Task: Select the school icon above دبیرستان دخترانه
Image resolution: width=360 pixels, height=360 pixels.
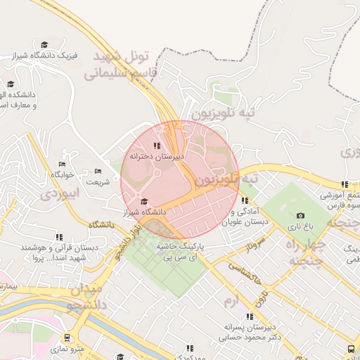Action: pyautogui.click(x=156, y=145)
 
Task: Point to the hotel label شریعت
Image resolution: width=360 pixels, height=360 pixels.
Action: pyautogui.click(x=98, y=181)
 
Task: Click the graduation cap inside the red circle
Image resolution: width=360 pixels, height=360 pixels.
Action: pyautogui.click(x=144, y=201)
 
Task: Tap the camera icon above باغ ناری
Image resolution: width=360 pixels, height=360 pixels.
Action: pyautogui.click(x=301, y=216)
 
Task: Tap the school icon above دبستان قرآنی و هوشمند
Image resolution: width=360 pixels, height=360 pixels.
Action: pyautogui.click(x=59, y=238)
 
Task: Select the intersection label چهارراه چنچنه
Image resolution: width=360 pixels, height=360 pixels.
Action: pyautogui.click(x=308, y=251)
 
